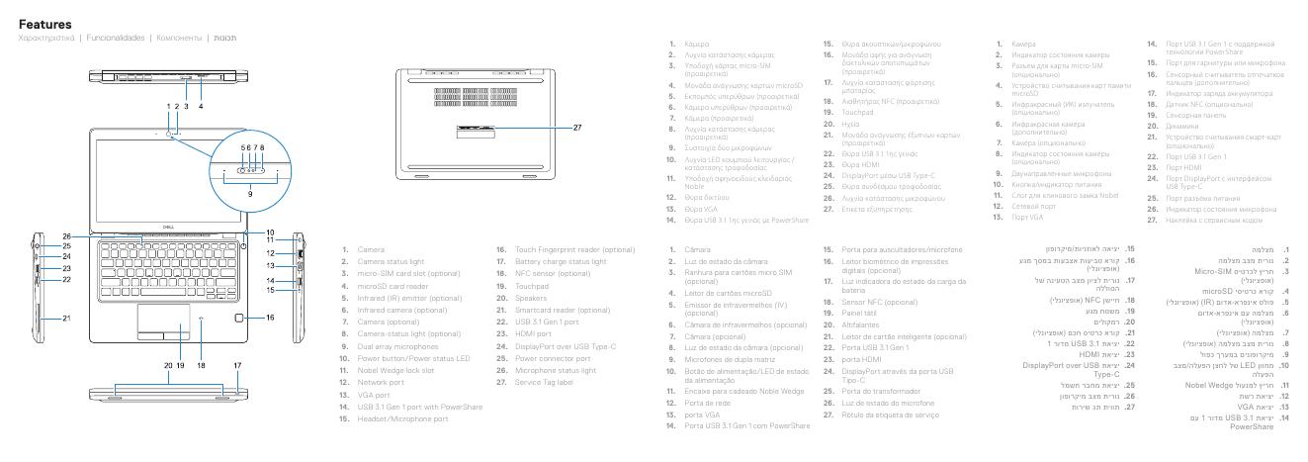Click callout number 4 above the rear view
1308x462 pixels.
pos(201,106)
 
